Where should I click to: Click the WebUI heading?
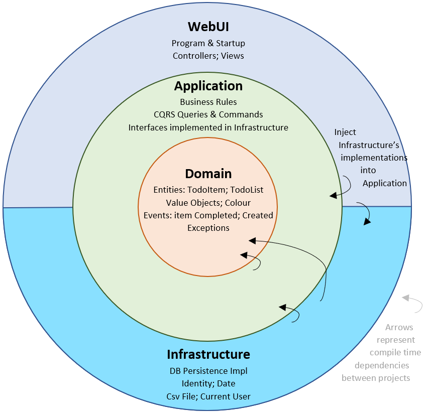[x=208, y=26]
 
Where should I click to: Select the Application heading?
[x=208, y=86]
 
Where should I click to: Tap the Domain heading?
[x=208, y=174]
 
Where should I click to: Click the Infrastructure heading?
[x=208, y=354]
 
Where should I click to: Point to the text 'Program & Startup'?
[x=208, y=44]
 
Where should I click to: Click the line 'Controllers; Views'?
[x=208, y=56]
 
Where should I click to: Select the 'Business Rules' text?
[x=208, y=102]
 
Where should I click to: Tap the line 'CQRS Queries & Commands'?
[x=208, y=115]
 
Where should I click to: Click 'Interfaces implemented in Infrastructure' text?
[x=208, y=127]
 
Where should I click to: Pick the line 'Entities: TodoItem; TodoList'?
[x=208, y=190]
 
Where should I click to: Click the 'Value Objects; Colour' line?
[x=208, y=203]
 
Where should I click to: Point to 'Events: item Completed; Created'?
[x=208, y=215]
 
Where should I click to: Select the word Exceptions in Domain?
[x=208, y=228]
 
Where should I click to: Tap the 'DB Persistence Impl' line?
[x=208, y=371]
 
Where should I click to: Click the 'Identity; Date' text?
[x=208, y=384]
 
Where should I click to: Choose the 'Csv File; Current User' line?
[x=208, y=396]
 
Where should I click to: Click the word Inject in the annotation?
[x=345, y=132]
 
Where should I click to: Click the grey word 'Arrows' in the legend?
[x=399, y=328]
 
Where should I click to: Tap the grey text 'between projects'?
[x=376, y=378]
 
